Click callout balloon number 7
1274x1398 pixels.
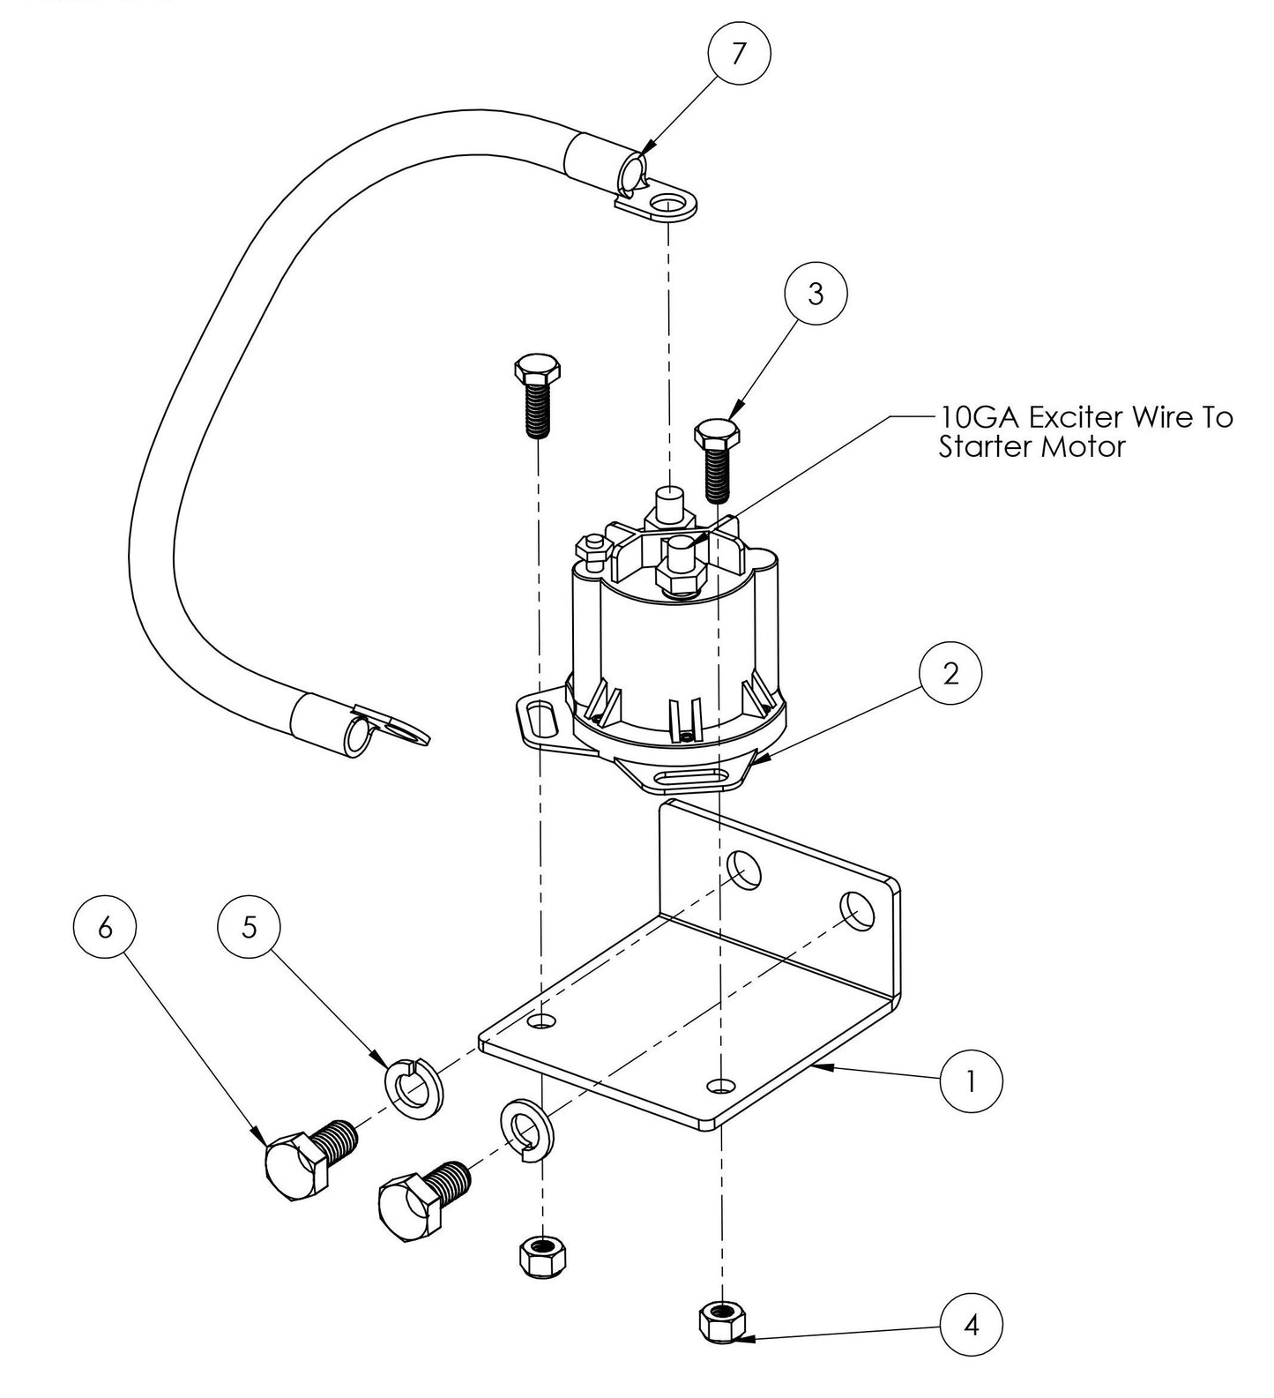739,55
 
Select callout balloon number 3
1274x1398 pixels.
816,294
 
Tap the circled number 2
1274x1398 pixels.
950,675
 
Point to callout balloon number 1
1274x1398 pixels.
971,1080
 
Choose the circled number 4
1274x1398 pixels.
971,1323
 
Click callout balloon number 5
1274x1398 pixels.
250,928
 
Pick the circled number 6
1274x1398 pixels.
106,928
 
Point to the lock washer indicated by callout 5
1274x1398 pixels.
414,1087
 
